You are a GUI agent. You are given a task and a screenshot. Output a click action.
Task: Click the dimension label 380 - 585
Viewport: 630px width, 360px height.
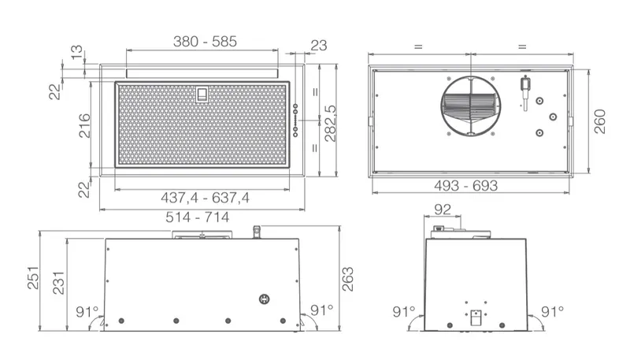coord(205,42)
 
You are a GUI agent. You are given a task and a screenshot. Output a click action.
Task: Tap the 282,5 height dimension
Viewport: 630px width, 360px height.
coord(330,124)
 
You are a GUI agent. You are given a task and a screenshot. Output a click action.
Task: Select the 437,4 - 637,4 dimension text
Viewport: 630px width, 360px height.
coord(205,198)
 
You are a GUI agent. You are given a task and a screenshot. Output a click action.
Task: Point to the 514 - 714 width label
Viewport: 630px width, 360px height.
coord(198,217)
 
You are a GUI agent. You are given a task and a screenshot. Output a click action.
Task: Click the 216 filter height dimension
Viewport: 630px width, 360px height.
coord(84,126)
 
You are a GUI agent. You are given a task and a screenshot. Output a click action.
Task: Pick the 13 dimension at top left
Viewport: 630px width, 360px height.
coord(76,52)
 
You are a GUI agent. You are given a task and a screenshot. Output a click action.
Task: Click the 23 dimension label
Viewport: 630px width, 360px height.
coord(319,46)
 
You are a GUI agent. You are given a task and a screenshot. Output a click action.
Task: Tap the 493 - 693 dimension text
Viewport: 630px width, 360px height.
coord(465,186)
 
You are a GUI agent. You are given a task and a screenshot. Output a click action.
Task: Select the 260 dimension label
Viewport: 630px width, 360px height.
coord(599,121)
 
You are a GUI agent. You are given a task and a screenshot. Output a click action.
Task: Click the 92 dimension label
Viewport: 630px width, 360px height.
coord(443,210)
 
